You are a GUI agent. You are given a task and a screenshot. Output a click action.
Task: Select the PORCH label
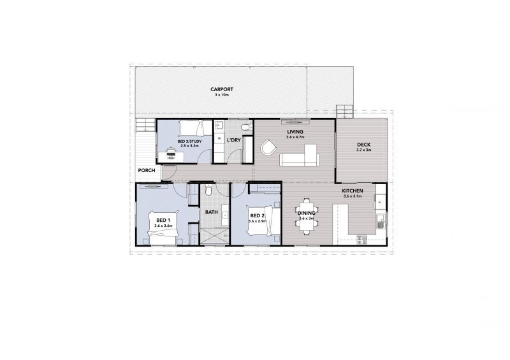[146, 170]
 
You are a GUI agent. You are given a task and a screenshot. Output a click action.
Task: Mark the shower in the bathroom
[214, 235]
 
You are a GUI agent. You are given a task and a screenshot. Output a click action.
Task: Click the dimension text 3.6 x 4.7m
[295, 138]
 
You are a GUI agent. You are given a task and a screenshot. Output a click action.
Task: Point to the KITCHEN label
[353, 191]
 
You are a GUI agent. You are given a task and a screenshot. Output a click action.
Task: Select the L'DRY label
[233, 140]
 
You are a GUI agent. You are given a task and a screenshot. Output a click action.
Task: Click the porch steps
[145, 125]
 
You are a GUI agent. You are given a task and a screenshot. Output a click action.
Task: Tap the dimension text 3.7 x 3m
[364, 150]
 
